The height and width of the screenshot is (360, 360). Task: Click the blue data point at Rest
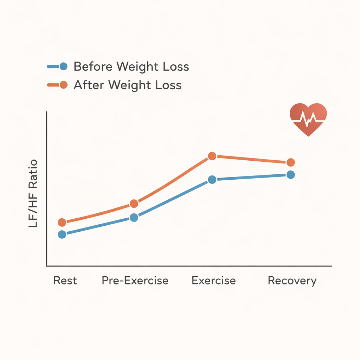62,234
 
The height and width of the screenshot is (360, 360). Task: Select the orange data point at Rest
62,222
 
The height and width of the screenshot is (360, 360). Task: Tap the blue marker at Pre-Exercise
134,218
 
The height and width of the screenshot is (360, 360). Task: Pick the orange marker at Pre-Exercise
134,204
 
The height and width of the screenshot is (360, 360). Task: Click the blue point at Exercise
212,180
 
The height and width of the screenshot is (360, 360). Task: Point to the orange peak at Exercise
212,156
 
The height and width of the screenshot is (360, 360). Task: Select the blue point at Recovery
290,175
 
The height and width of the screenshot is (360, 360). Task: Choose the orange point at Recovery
290,162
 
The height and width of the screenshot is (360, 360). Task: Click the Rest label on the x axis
65,281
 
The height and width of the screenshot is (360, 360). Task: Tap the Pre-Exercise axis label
135,281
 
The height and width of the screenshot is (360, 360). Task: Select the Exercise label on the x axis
214,281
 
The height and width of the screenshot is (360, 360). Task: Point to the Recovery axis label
292,281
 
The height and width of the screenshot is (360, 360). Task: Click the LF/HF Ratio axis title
33,193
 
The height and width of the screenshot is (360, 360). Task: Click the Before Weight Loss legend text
131,66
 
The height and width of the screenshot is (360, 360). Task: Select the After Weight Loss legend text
127,85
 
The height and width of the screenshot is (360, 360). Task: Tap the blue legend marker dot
64,66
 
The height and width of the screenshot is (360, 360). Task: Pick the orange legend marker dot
64,85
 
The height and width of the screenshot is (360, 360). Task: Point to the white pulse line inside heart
308,120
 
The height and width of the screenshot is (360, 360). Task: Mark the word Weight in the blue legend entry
133,66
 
